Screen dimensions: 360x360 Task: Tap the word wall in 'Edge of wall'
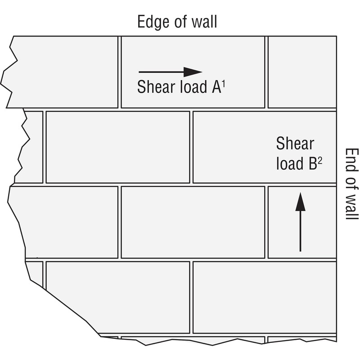pyautogui.click(x=204, y=22)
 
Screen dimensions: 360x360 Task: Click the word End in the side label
pyautogui.click(x=352, y=159)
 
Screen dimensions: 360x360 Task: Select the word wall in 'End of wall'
pyautogui.click(x=352, y=207)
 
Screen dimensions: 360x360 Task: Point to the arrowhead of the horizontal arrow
pyautogui.click(x=193, y=72)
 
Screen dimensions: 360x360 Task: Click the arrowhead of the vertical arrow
pyautogui.click(x=300, y=202)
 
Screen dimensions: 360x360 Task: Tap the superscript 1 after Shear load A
pyautogui.click(x=224, y=84)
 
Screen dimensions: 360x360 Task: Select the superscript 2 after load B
pyautogui.click(x=320, y=161)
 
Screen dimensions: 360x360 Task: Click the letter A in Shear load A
pyautogui.click(x=216, y=87)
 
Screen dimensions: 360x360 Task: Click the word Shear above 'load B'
pyautogui.click(x=295, y=143)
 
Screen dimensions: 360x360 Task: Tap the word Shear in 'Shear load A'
pyautogui.click(x=156, y=87)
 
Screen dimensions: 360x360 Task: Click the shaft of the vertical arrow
pyautogui.click(x=300, y=231)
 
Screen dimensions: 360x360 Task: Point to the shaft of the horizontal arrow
pyautogui.click(x=161, y=72)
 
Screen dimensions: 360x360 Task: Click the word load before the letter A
pyautogui.click(x=193, y=87)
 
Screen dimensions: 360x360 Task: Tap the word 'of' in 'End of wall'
pyautogui.click(x=352, y=182)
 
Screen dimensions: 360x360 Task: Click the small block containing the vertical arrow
pyautogui.click(x=302, y=222)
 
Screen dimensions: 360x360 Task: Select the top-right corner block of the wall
pyautogui.click(x=302, y=72)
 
